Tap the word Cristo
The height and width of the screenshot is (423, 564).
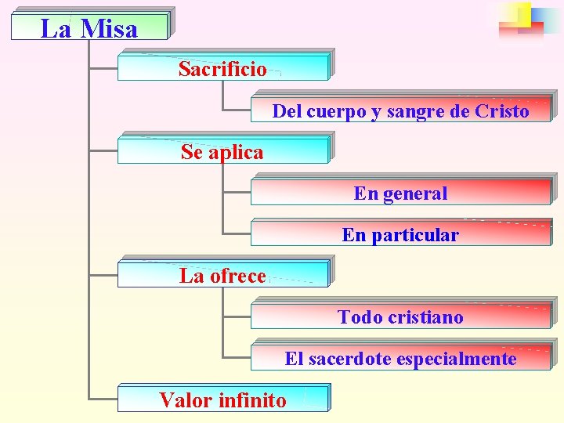(501, 111)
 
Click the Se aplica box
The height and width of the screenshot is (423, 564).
(222, 151)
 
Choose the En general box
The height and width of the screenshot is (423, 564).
(400, 193)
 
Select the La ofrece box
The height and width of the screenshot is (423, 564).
(222, 276)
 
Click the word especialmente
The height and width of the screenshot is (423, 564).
(457, 359)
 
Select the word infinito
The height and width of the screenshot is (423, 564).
(252, 400)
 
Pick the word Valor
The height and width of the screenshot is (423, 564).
(186, 400)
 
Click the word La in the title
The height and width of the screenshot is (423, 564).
(56, 29)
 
